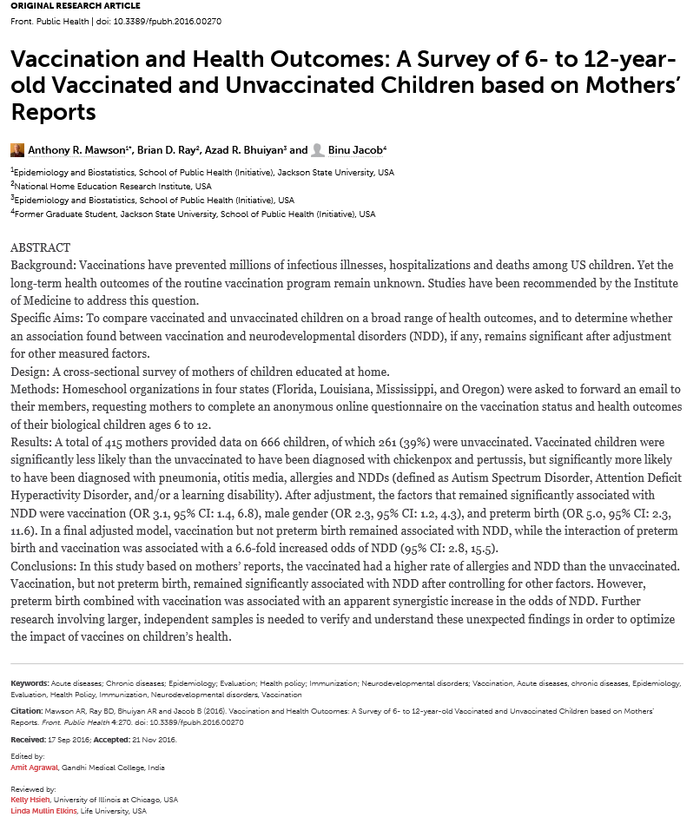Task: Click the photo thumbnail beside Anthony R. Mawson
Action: coord(17,149)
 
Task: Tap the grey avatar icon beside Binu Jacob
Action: coord(318,149)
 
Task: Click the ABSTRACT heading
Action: coord(40,247)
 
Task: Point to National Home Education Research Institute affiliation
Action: coord(113,186)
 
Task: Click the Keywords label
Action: coord(30,683)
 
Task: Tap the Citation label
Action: coord(27,711)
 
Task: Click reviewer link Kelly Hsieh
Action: coord(30,800)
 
